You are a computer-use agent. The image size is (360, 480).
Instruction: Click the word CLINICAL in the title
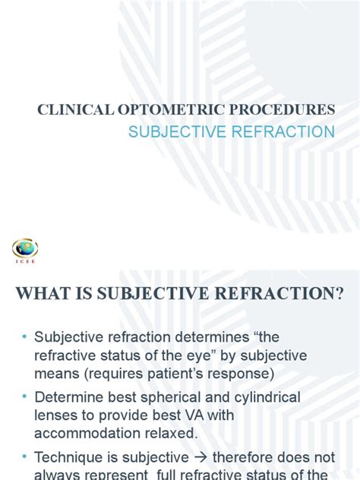[65, 109]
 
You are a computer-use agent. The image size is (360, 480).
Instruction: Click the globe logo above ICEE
[25, 248]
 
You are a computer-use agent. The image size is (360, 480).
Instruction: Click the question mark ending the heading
[339, 293]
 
